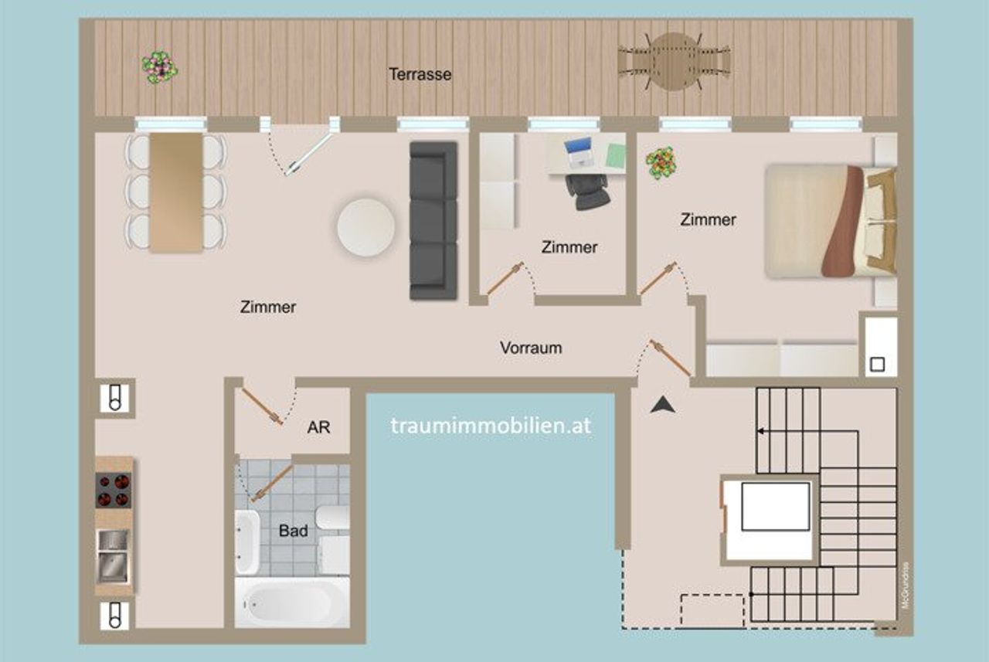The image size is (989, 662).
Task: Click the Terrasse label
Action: click(420, 74)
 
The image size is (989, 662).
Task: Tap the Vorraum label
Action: click(531, 348)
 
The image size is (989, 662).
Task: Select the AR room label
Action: click(318, 427)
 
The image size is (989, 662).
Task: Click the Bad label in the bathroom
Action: click(293, 530)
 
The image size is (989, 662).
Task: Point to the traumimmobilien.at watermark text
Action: click(491, 426)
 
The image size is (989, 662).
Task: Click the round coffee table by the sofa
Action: click(366, 227)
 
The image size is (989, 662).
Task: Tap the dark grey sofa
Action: click(433, 220)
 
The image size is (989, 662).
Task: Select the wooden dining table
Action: click(176, 192)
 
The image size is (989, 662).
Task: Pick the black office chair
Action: click(588, 191)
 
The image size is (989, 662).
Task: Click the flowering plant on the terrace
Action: click(159, 67)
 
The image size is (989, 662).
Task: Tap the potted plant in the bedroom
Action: click(661, 162)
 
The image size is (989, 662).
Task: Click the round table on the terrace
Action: click(672, 62)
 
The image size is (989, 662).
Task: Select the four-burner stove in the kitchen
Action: click(114, 491)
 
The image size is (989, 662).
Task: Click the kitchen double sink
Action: click(114, 557)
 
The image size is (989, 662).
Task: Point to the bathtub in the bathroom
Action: click(292, 602)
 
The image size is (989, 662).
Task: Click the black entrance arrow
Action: click(663, 405)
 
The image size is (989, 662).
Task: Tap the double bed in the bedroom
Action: click(831, 222)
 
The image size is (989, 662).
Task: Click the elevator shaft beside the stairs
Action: click(769, 520)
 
